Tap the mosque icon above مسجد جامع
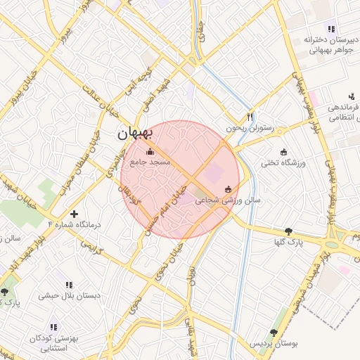(x=149, y=152)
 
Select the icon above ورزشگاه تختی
(x=284, y=153)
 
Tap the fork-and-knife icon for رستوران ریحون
(x=249, y=117)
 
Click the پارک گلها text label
(x=288, y=242)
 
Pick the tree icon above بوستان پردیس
(x=274, y=333)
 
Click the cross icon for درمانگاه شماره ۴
(x=75, y=213)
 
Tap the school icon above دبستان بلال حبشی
(x=69, y=285)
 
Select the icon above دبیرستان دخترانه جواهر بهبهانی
(x=331, y=29)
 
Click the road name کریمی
(x=93, y=247)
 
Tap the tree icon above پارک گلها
(x=288, y=231)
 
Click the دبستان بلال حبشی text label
(x=69, y=295)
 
